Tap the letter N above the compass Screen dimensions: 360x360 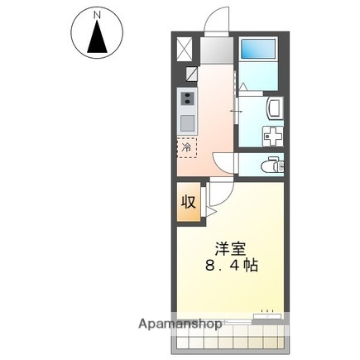(98, 15)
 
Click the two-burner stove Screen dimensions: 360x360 (188, 101)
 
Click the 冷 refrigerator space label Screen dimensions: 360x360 (187, 148)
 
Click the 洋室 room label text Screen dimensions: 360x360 (232, 248)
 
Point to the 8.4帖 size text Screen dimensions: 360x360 (232, 266)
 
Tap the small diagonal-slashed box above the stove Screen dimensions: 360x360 (190, 75)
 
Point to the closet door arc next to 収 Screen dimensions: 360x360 (211, 199)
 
